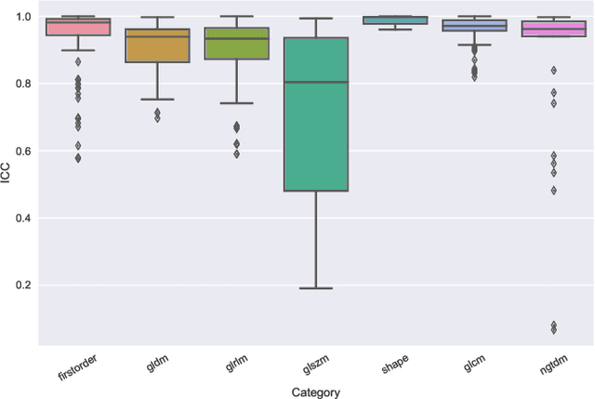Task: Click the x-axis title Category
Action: tap(315, 392)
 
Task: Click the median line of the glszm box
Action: tap(316, 83)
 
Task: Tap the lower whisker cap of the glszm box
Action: tap(316, 288)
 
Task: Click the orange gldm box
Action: tap(157, 47)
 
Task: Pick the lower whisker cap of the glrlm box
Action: tap(236, 103)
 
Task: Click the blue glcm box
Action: tap(475, 26)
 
